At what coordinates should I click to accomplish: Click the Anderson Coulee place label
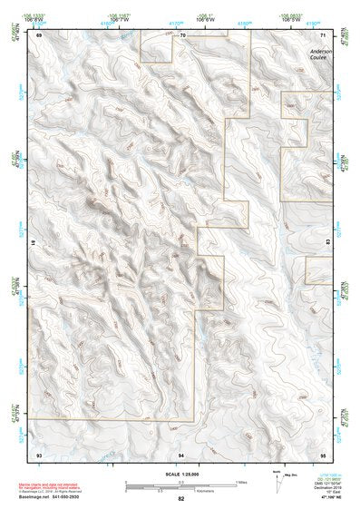[x=320, y=56]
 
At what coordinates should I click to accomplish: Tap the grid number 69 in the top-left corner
[x=39, y=34]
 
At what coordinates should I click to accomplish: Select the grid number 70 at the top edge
[x=182, y=34]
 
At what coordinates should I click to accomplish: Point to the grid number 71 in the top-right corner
[x=323, y=34]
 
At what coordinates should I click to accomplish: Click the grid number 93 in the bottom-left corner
[x=39, y=453]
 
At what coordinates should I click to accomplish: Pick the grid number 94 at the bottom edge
[x=181, y=453]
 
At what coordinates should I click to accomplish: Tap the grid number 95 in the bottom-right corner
[x=323, y=453]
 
